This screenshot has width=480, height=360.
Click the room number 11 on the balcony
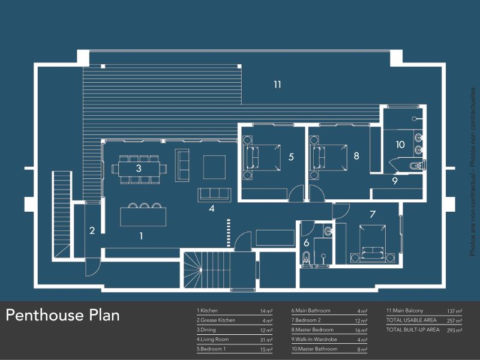tap(277, 85)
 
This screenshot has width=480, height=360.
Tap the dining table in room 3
tap(139, 169)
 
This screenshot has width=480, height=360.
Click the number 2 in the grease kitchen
tap(92, 230)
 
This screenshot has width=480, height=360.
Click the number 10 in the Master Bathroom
tap(400, 145)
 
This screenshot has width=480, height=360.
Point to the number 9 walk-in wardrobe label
tap(395, 180)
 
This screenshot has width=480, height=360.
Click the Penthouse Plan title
tap(63, 315)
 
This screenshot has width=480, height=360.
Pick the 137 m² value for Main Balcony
tap(454, 311)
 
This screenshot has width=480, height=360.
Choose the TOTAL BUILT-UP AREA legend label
tap(413, 330)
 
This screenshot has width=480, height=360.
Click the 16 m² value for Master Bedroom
tap(361, 331)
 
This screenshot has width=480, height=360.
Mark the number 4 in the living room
tap(211, 209)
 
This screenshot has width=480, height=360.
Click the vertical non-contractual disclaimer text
tap(473, 174)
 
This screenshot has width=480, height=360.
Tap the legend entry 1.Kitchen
tap(207, 311)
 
